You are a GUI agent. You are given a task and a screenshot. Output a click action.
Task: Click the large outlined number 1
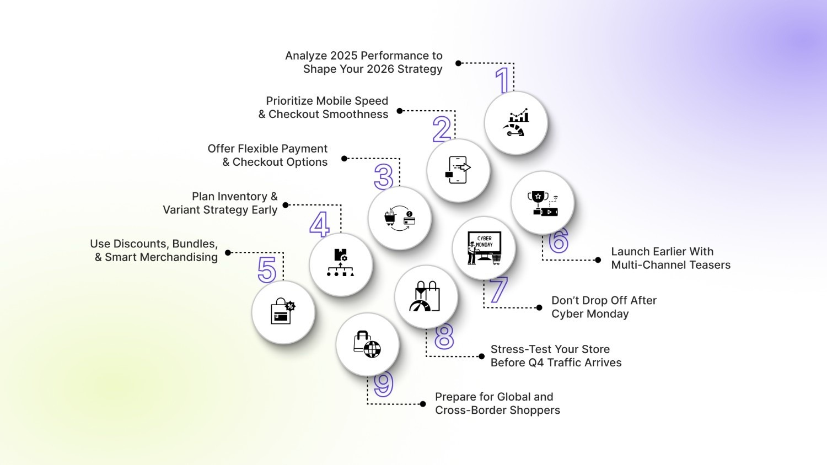pos(502,80)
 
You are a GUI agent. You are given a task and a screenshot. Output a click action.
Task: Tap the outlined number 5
pos(267,270)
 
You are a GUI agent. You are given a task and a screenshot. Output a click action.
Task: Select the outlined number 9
pos(383,383)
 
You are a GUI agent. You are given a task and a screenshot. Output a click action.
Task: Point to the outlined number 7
pos(498,290)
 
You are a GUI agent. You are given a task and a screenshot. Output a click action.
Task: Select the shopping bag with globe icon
pos(367,344)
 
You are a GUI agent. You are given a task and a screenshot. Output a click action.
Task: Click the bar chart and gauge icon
pos(516,123)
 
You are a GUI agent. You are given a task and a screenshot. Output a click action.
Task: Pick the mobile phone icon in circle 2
pos(458,170)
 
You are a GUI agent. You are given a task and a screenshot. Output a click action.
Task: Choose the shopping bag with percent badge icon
pos(283,312)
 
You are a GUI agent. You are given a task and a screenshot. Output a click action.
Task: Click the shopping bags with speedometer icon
pos(426,297)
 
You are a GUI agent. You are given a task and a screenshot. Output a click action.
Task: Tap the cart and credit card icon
pos(400,218)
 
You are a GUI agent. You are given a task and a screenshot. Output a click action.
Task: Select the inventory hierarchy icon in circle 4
pos(341,263)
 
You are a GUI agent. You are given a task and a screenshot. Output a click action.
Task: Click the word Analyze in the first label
pos(305,56)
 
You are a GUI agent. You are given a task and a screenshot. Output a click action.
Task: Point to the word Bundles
pos(195,244)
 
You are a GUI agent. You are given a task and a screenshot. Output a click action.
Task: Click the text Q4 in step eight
pos(535,363)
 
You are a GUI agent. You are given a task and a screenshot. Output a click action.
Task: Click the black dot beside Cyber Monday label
pos(539,307)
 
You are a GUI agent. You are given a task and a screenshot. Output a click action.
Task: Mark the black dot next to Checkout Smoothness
pos(400,111)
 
